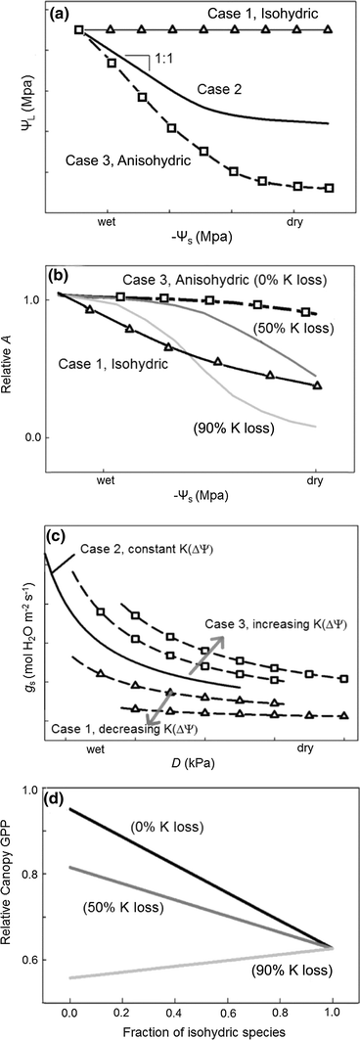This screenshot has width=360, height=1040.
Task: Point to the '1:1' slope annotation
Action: [162, 61]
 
